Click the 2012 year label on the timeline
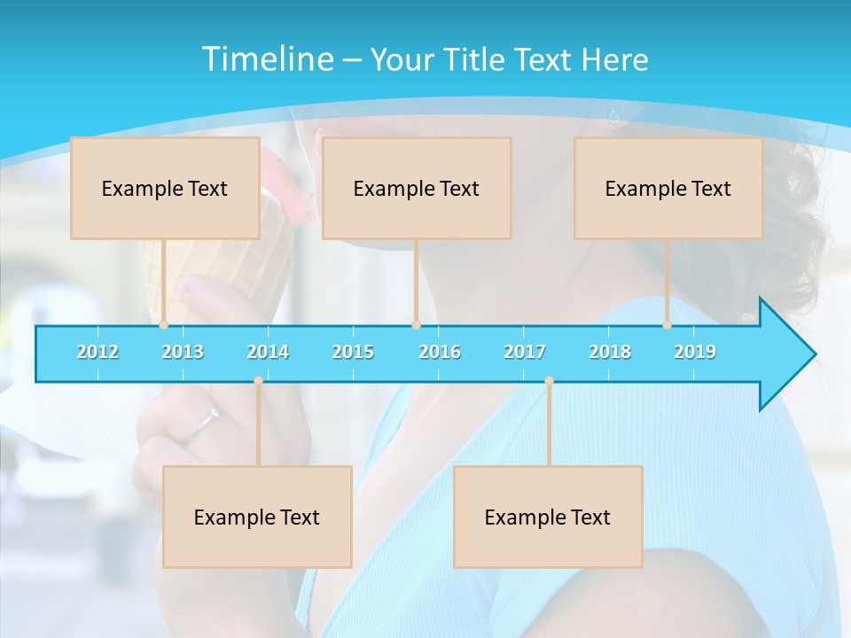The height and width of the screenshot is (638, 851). [x=98, y=352]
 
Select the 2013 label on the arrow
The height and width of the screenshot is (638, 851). [x=183, y=352]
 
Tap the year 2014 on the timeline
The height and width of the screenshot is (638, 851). [x=268, y=352]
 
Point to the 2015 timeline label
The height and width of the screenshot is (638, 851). [x=353, y=352]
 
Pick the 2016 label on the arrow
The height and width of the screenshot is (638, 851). [x=440, y=352]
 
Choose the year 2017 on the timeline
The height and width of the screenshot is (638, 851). [x=525, y=352]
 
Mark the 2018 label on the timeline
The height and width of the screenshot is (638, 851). [x=610, y=352]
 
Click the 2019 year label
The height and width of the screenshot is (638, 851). [x=695, y=352]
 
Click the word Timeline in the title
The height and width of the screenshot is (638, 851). [x=266, y=59]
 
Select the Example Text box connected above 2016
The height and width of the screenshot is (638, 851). [x=417, y=188]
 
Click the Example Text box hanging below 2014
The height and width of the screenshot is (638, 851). [x=257, y=517]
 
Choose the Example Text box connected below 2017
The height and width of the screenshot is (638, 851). [x=548, y=517]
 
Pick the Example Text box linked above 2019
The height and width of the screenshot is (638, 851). [x=668, y=188]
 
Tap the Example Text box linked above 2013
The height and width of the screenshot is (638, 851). [x=165, y=188]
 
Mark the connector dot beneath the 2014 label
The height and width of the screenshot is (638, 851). [x=258, y=381]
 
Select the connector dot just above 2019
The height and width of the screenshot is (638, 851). [x=667, y=324]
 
